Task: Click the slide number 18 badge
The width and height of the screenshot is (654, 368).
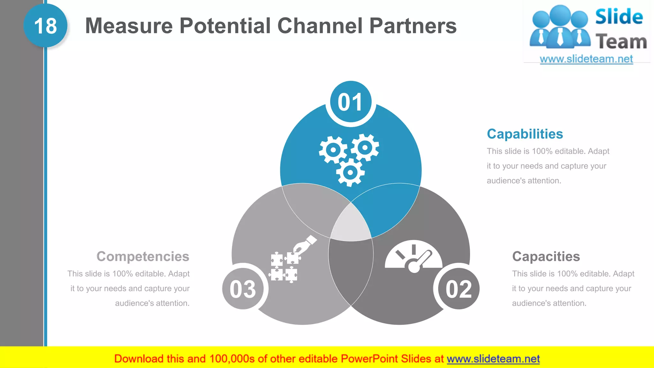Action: pos(45,26)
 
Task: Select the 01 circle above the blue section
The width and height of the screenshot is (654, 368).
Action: pos(351,102)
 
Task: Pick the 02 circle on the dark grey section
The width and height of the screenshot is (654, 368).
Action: pos(459,289)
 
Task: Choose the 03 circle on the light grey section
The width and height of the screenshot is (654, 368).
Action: pos(243,289)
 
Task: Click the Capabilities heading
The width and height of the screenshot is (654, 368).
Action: pos(525,134)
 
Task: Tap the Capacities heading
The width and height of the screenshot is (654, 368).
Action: pos(546,256)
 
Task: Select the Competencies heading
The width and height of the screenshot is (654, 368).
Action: pos(143,256)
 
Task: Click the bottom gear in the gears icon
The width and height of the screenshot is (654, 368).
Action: pos(350,172)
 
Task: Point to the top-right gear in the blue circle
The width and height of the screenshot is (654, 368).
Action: pos(365,147)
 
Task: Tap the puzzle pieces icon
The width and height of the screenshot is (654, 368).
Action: pos(284,267)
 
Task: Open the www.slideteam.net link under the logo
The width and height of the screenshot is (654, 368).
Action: pos(586,59)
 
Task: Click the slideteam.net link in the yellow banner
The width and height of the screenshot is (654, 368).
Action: pos(493,359)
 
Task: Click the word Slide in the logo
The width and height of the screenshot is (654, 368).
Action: pos(619,17)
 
